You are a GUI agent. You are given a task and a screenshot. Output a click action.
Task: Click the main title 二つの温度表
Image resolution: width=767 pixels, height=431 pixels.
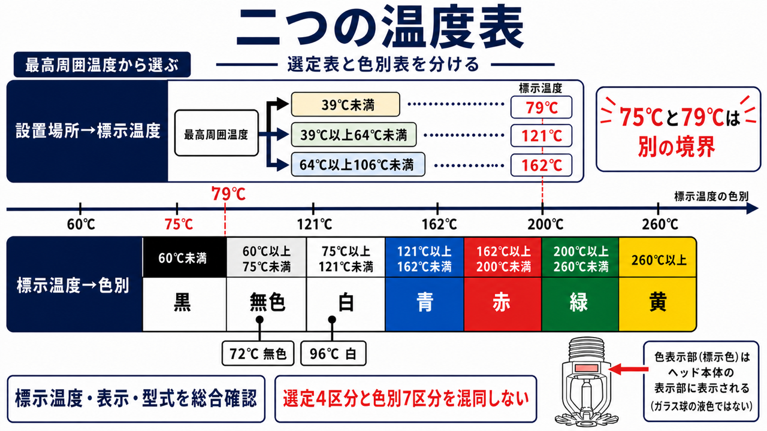[x=380, y=28]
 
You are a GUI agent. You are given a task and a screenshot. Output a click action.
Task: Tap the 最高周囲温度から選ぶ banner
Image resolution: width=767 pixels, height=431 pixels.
[x=102, y=65]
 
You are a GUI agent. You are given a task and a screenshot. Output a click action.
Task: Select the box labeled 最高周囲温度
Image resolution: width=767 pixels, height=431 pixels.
[x=216, y=133]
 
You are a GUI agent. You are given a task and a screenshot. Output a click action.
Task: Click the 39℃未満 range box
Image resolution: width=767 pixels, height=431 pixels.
[x=346, y=104]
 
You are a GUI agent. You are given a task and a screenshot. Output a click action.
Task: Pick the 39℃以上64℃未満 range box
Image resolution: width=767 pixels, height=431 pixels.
[x=354, y=135]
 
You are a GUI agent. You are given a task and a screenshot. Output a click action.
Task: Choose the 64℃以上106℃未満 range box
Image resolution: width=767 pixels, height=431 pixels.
[x=358, y=165]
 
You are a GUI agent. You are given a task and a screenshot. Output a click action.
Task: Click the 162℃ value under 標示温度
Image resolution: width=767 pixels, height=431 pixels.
[x=541, y=165]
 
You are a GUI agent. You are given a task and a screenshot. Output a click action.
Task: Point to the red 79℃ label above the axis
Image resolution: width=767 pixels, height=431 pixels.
[x=228, y=194]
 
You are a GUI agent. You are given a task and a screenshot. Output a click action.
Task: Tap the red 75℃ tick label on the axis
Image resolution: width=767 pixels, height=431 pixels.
[x=179, y=224]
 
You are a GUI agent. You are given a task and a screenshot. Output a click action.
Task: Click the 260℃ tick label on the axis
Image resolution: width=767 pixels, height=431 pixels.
[x=660, y=224]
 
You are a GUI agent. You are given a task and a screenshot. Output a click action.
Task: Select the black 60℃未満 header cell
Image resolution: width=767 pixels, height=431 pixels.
[x=184, y=257]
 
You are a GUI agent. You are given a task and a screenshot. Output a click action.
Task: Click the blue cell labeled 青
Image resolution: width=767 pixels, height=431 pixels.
[x=425, y=303]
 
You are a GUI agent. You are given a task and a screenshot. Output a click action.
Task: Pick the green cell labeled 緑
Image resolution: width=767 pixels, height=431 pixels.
[x=580, y=303]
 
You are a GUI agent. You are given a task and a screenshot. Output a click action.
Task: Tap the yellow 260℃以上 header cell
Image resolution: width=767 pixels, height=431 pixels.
[x=658, y=257]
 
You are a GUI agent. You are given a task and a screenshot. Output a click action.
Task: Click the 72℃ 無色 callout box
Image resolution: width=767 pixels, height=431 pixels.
[x=258, y=353]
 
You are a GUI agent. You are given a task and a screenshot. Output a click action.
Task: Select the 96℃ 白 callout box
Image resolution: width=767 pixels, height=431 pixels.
[x=333, y=353]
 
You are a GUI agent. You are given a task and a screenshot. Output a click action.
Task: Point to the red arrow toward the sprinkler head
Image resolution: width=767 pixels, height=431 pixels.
[x=629, y=369]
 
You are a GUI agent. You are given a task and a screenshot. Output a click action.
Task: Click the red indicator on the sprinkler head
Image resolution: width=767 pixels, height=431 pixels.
[x=586, y=368]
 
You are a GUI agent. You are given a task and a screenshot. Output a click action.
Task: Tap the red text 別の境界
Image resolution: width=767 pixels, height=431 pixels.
[x=677, y=147]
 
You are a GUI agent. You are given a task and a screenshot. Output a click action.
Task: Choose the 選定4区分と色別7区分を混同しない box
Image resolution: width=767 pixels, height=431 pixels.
[x=406, y=399]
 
